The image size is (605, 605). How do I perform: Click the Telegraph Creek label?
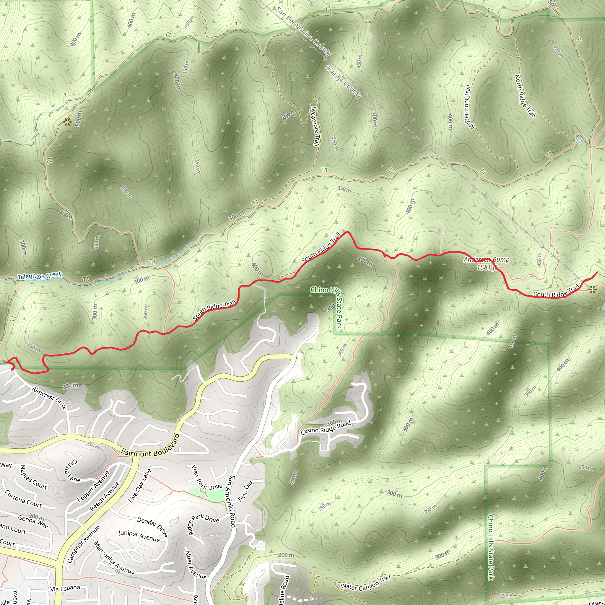40,276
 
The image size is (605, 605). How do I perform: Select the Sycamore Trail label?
315,126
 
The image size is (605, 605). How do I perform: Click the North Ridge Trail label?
525,96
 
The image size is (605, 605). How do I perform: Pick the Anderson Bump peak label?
487,263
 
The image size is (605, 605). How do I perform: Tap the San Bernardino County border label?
303,31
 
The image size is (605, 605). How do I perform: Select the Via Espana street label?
65,589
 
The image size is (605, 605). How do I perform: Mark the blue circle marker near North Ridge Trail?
579,141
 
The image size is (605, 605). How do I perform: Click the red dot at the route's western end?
12,369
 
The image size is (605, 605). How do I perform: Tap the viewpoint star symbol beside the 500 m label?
66,121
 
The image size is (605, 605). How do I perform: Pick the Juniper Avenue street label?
139,536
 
